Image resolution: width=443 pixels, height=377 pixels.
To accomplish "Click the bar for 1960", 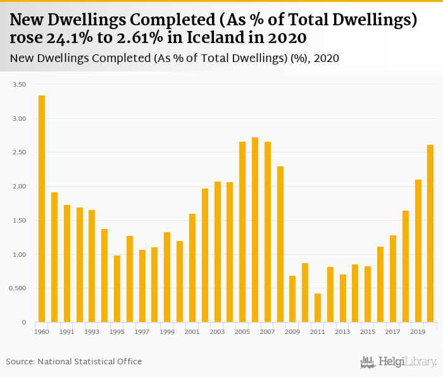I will pos(42,209).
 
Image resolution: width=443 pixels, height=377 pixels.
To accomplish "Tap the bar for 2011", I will pos(318,308).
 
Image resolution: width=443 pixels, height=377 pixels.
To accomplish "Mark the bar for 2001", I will pos(192,268).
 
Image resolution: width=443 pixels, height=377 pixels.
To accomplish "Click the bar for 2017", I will pos(393,279).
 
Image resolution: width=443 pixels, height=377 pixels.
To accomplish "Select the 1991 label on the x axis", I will pos(67,331).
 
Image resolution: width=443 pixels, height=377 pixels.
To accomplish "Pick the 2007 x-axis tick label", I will pos(267,331).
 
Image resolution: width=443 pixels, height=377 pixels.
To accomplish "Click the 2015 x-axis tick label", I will pos(368,331).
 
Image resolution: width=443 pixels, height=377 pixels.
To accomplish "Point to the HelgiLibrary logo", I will pos(399,362).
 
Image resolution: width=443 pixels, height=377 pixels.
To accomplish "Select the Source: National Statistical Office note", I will pos(74,362).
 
